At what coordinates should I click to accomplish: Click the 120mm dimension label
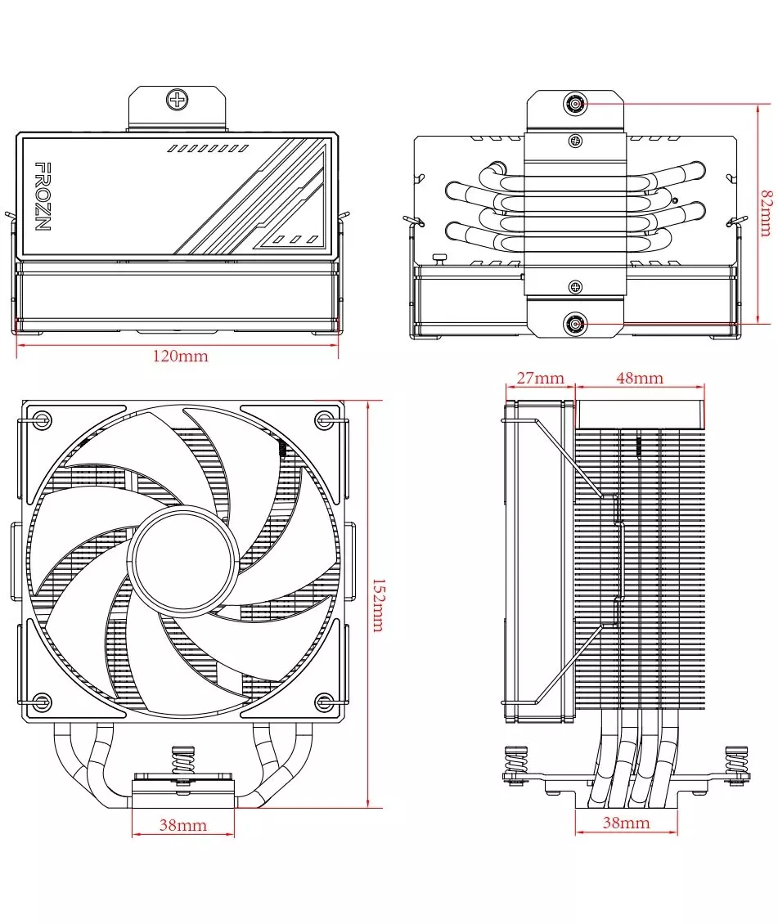click(180, 357)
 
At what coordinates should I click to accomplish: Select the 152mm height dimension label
click(379, 605)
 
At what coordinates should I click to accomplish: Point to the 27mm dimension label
click(542, 378)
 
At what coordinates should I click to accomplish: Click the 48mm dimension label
click(640, 378)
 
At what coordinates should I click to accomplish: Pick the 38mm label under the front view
click(182, 825)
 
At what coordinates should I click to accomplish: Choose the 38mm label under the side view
click(627, 823)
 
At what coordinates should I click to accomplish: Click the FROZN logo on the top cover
click(43, 196)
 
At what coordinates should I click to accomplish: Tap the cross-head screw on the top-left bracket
click(177, 101)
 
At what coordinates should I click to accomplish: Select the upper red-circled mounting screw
click(575, 104)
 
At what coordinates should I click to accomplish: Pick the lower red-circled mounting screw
click(575, 324)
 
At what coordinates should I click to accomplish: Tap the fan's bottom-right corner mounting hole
click(325, 702)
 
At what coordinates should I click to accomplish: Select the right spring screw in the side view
click(735, 765)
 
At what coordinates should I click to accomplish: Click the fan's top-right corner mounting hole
click(325, 420)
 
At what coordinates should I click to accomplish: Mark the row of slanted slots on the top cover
click(207, 149)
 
